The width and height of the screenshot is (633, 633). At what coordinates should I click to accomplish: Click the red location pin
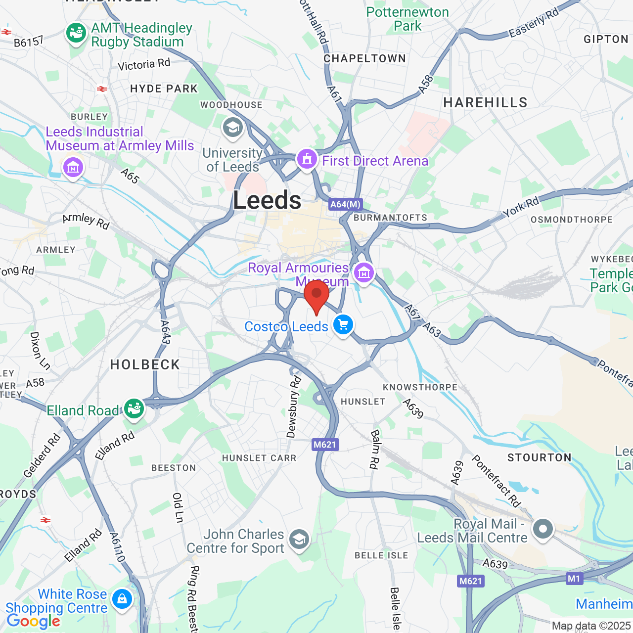(x=316, y=295)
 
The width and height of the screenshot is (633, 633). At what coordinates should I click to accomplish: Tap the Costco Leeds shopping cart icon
(x=343, y=325)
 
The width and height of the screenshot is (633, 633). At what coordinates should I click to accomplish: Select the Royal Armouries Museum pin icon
(x=364, y=272)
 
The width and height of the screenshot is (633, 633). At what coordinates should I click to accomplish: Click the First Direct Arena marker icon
(x=307, y=159)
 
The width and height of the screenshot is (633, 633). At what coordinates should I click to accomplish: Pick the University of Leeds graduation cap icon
(x=232, y=128)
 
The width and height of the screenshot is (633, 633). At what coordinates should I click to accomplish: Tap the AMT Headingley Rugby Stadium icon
(x=76, y=34)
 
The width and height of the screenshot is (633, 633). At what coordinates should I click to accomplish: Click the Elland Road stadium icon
(x=134, y=409)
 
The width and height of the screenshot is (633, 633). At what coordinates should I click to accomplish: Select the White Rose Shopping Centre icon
(x=122, y=599)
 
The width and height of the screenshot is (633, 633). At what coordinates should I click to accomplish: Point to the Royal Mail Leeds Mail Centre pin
(x=543, y=529)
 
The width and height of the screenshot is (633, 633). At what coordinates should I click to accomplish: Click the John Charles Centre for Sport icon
(x=299, y=540)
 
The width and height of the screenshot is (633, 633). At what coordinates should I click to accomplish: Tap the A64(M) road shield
(x=346, y=204)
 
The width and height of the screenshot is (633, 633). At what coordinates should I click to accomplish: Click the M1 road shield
(x=574, y=579)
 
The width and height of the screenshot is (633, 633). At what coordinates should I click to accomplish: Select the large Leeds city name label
(x=267, y=200)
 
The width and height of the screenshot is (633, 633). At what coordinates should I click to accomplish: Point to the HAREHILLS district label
(x=485, y=102)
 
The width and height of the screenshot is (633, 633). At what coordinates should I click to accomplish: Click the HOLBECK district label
(x=145, y=365)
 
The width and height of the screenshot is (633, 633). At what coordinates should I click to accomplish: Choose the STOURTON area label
(x=539, y=457)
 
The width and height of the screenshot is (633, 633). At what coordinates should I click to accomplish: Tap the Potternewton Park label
(x=407, y=19)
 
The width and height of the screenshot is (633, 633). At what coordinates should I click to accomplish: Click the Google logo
(x=33, y=621)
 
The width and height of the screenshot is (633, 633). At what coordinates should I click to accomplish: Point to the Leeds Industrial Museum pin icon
(x=73, y=168)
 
